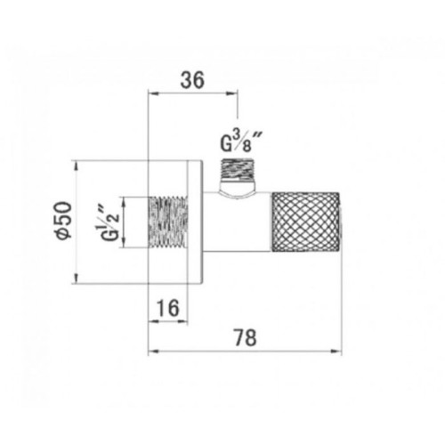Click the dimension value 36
click(x=192, y=80)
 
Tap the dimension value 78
click(x=245, y=337)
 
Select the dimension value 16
click(x=168, y=308)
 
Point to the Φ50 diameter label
click(x=65, y=220)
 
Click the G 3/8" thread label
click(x=241, y=142)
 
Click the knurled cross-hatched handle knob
click(x=305, y=222)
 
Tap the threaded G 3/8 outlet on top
click(x=238, y=170)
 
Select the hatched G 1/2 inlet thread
click(x=168, y=222)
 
